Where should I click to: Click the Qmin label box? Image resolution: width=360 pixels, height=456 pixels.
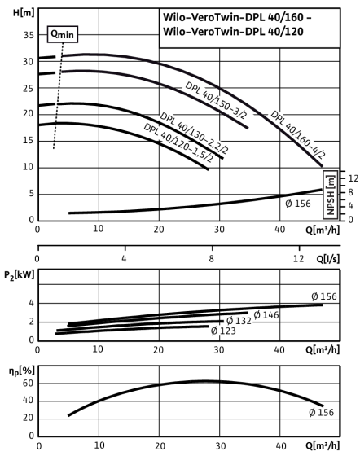63,34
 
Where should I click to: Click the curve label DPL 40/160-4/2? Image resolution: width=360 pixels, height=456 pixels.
297,134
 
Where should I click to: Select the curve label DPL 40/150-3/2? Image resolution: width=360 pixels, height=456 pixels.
217,100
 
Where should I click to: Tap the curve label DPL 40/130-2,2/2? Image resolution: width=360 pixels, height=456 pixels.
194,133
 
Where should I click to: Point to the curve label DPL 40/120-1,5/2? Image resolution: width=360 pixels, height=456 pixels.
178,142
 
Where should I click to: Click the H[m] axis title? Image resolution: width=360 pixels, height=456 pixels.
24,12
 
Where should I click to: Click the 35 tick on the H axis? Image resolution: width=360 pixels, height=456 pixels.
29,35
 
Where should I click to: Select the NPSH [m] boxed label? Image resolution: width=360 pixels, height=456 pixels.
331,195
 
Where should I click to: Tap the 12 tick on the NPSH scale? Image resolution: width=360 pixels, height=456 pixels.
353,178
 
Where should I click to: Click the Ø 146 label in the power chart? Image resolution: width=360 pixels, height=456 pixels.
266,315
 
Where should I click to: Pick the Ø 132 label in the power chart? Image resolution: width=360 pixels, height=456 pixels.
239,321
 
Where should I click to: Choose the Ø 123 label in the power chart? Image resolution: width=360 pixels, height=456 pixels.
223,331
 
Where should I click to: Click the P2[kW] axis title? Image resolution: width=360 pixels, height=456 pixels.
20,275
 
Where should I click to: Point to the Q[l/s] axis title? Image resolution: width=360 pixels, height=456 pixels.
327,259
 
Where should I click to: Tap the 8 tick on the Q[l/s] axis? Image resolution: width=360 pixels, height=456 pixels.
212,259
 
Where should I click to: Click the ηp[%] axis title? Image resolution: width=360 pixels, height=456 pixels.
22,371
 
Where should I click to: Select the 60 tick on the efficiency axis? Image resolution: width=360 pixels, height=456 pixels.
29,384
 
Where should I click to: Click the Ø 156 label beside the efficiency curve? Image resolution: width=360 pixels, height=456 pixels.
322,412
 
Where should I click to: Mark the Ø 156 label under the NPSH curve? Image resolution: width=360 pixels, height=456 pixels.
298,204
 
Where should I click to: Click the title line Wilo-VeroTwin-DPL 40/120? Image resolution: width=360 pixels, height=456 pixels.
233,31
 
